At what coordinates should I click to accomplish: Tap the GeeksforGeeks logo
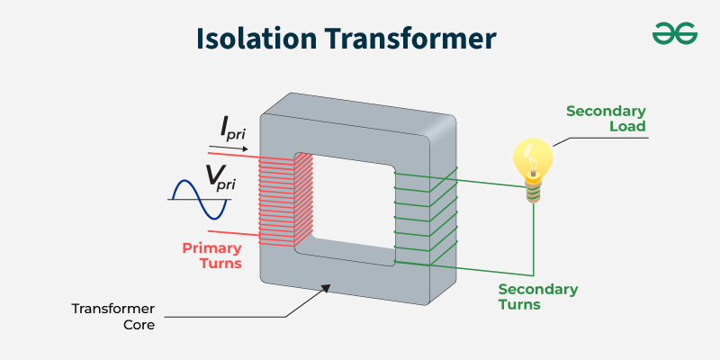point(674,34)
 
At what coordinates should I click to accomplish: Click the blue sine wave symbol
point(199,199)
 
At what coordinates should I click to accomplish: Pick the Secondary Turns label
point(537,296)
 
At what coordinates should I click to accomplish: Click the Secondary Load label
point(606,119)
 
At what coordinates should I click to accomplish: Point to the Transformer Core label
point(112,316)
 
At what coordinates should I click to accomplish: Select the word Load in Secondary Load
point(628,127)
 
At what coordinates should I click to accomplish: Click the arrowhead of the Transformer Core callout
point(328,288)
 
